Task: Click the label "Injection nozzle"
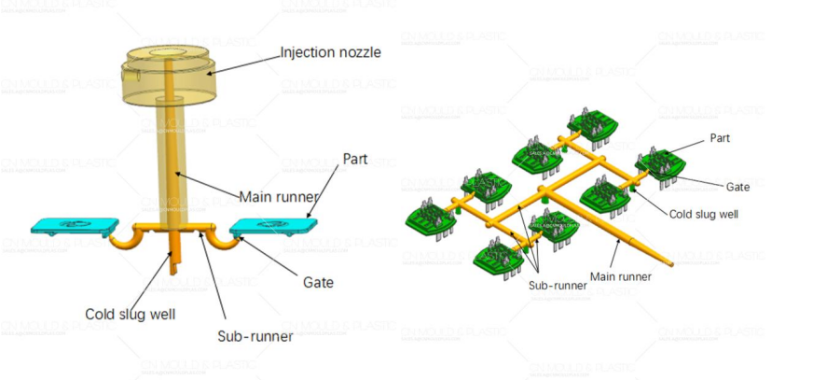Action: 330,52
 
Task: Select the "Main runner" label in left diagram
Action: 279,197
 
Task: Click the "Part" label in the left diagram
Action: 355,159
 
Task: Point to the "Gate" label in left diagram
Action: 318,281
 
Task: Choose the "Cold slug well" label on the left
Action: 129,314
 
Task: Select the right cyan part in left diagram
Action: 272,225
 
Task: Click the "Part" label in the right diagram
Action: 720,137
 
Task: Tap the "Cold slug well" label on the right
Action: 704,213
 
